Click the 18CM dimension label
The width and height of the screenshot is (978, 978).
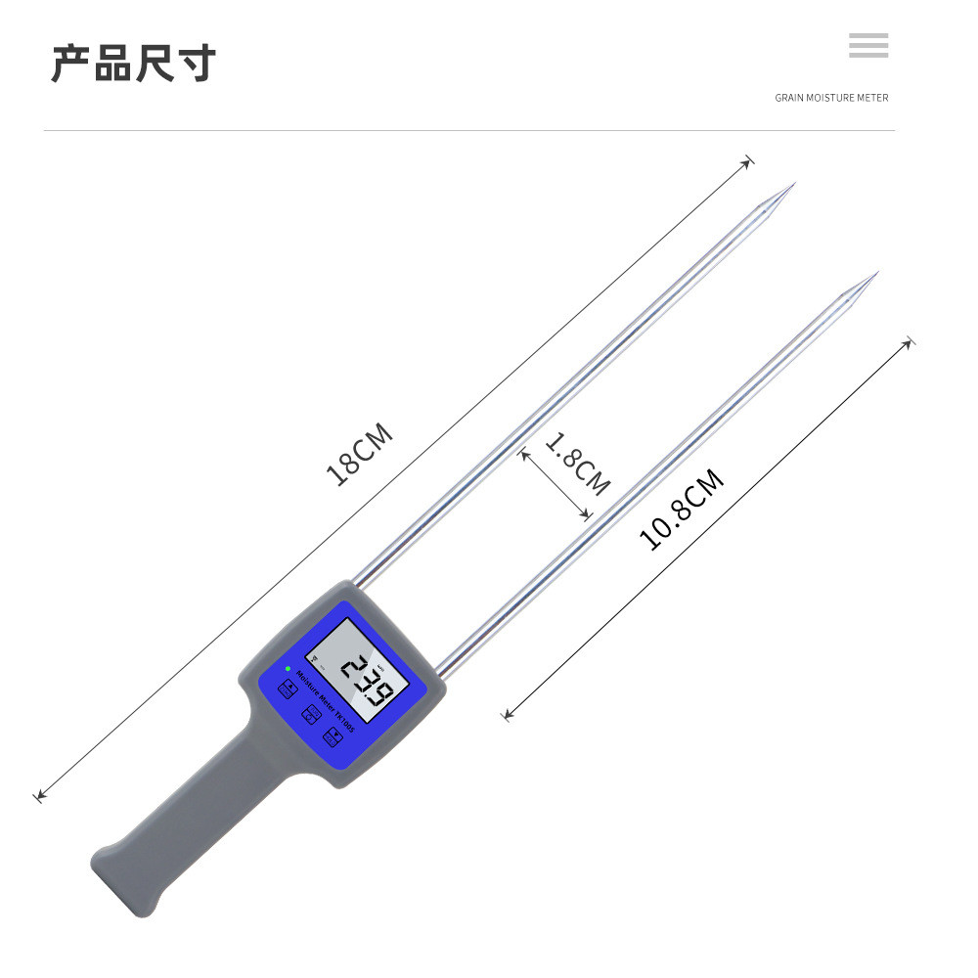(x=359, y=454)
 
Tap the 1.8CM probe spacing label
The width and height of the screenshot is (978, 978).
(x=577, y=464)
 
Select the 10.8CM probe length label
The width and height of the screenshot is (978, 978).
(x=682, y=509)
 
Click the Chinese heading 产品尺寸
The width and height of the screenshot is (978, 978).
(x=133, y=63)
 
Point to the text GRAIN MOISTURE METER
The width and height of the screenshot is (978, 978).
(x=831, y=98)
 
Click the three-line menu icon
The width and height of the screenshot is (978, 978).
(x=868, y=45)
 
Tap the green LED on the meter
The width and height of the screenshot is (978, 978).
(x=288, y=670)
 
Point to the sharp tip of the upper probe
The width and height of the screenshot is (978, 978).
(x=794, y=183)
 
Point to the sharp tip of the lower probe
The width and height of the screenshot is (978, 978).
(x=877, y=273)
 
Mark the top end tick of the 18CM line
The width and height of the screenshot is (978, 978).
(x=749, y=159)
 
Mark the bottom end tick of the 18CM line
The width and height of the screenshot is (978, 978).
(x=39, y=797)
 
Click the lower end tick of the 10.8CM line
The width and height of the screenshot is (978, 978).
(x=507, y=717)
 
